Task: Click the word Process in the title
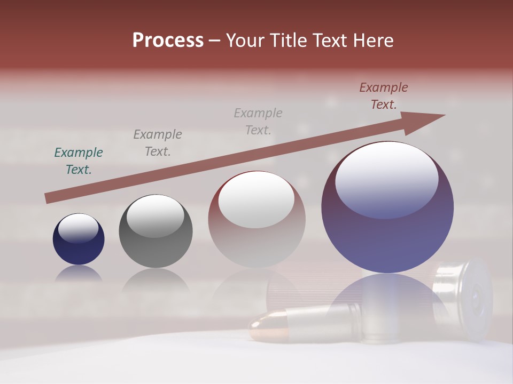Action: [168, 41]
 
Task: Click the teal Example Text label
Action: [79, 161]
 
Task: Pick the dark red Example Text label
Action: [384, 96]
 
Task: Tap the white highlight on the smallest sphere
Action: [78, 228]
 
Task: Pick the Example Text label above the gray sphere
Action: [158, 143]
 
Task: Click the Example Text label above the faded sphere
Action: [258, 122]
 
